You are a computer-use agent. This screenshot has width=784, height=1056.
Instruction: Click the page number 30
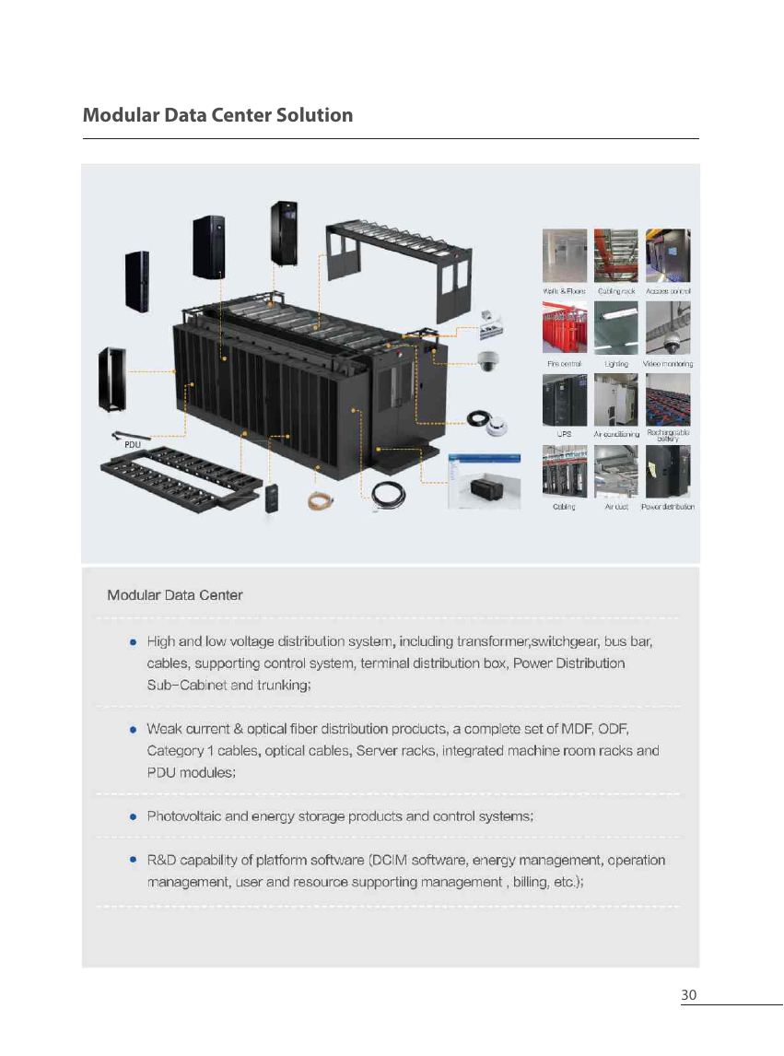tap(688, 994)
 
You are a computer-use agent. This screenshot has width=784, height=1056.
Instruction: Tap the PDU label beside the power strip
tap(133, 444)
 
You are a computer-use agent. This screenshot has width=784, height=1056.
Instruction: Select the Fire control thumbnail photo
tap(565, 327)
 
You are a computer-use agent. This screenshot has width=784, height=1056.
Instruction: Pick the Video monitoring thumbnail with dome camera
tap(668, 327)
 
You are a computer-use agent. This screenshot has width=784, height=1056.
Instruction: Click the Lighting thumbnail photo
tap(616, 327)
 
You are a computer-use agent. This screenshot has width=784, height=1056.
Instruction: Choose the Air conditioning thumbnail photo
tap(616, 400)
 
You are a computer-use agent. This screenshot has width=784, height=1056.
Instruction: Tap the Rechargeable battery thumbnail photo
tap(668, 400)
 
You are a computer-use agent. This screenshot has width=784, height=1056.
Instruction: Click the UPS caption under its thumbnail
tap(565, 434)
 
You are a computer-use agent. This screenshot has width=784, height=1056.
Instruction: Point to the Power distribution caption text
tap(668, 507)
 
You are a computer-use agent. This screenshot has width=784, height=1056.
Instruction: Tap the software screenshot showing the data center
tap(485, 481)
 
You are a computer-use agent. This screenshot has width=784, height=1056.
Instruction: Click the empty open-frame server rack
tap(111, 379)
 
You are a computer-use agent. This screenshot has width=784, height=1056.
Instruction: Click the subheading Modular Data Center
tap(175, 595)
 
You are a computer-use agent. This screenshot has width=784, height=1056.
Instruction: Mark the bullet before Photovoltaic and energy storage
tap(134, 816)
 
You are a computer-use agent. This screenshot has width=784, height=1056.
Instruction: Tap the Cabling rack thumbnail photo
tap(616, 255)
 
